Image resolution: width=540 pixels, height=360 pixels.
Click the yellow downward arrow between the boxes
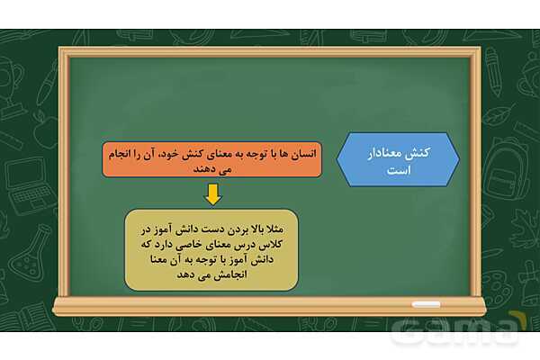tap(211, 193)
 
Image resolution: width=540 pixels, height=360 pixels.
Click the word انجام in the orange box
tap(118, 153)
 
